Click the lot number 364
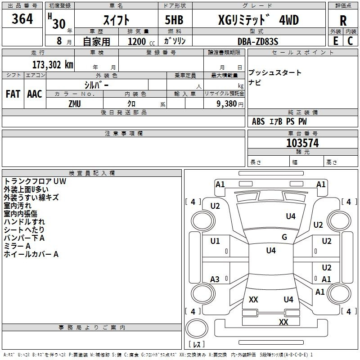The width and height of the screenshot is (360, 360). tap(22, 19)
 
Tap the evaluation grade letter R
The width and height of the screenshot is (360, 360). tap(343, 21)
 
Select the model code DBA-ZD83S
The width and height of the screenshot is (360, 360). tap(258, 41)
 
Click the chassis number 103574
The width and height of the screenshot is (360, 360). tap(302, 143)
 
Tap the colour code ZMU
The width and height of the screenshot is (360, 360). tap(75, 103)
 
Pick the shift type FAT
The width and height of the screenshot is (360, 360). tap(13, 94)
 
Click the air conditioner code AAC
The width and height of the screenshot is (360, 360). tap(35, 94)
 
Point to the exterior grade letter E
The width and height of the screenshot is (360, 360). tap(335, 41)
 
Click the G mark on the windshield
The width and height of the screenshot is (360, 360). tap(284, 237)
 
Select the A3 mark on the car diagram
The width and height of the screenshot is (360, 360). tap(215, 279)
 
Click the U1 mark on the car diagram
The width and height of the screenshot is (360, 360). tap(215, 241)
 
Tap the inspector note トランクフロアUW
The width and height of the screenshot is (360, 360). tap(35, 181)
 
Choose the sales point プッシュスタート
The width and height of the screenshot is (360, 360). tap(275, 73)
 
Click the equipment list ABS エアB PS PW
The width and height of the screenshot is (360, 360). tap(279, 121)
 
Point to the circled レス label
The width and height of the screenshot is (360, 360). tap(196, 345)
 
